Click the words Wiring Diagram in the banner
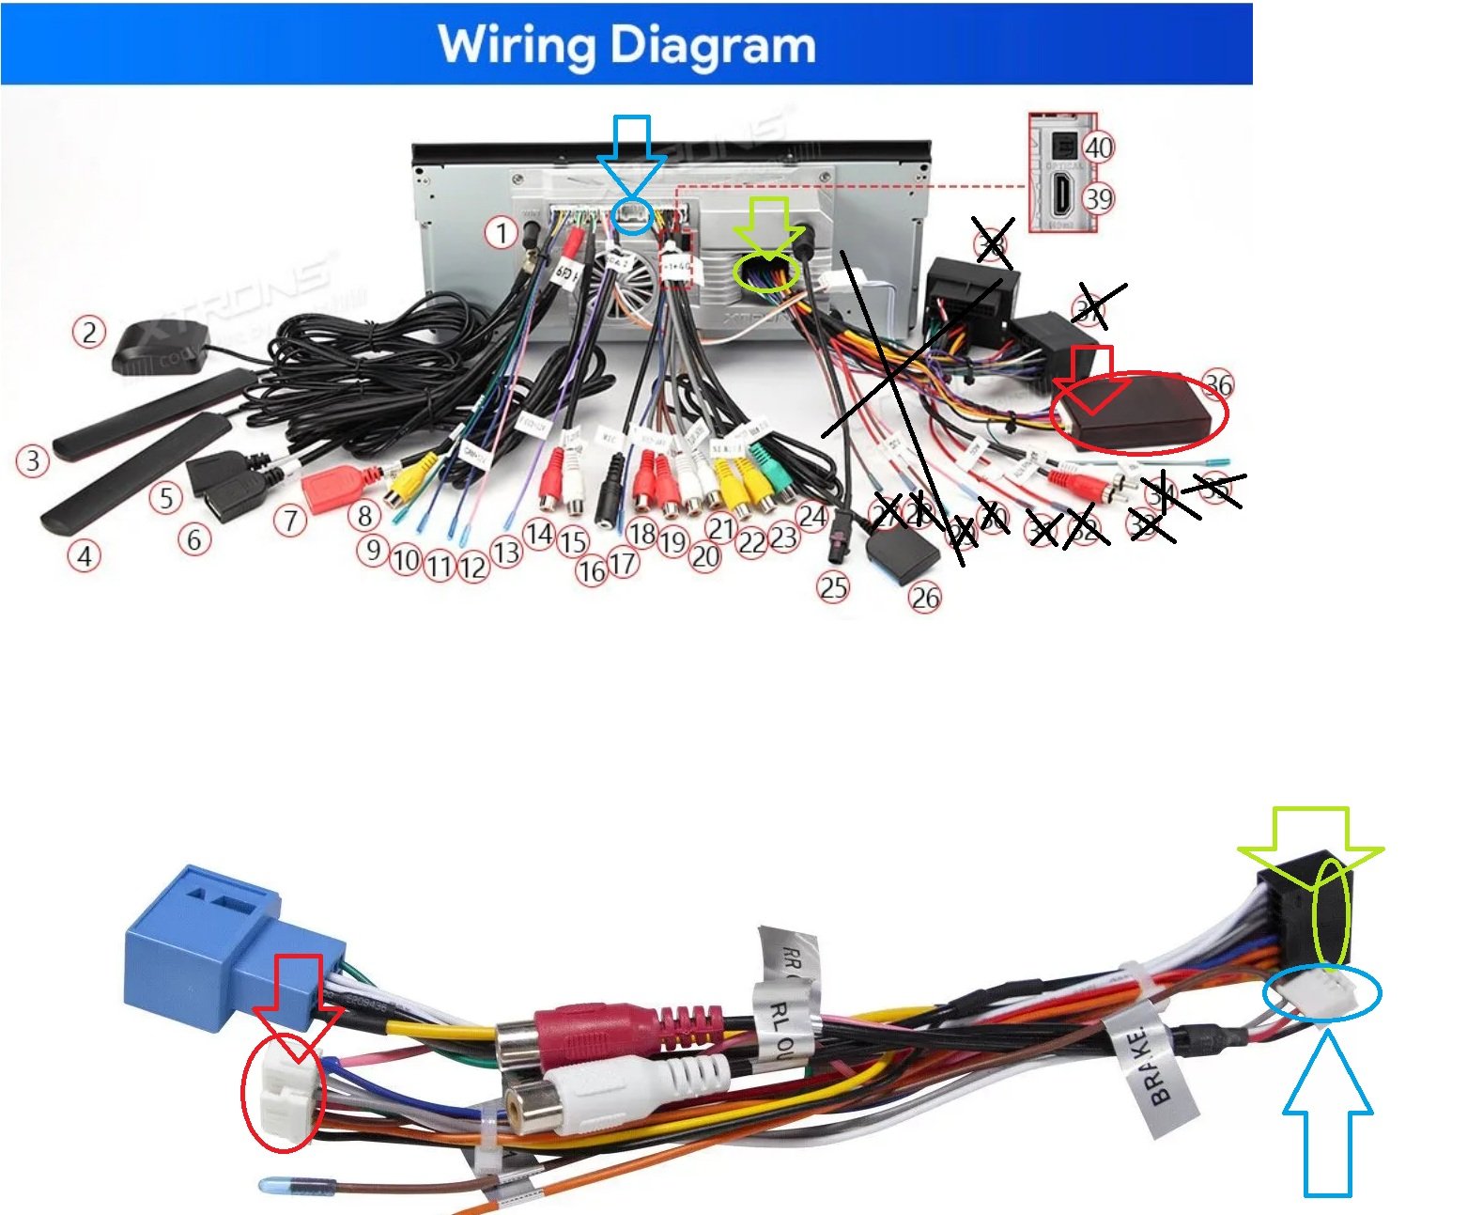point(626,44)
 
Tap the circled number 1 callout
point(502,232)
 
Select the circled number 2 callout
point(89,332)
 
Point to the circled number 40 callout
point(1098,147)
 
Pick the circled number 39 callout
point(1098,198)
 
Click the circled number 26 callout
point(925,598)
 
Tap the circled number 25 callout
point(833,588)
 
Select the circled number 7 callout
point(291,520)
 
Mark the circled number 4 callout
point(85,555)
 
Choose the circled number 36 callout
point(1218,384)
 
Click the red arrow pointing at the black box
point(1092,376)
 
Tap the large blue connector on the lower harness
point(211,949)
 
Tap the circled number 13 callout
point(506,553)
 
